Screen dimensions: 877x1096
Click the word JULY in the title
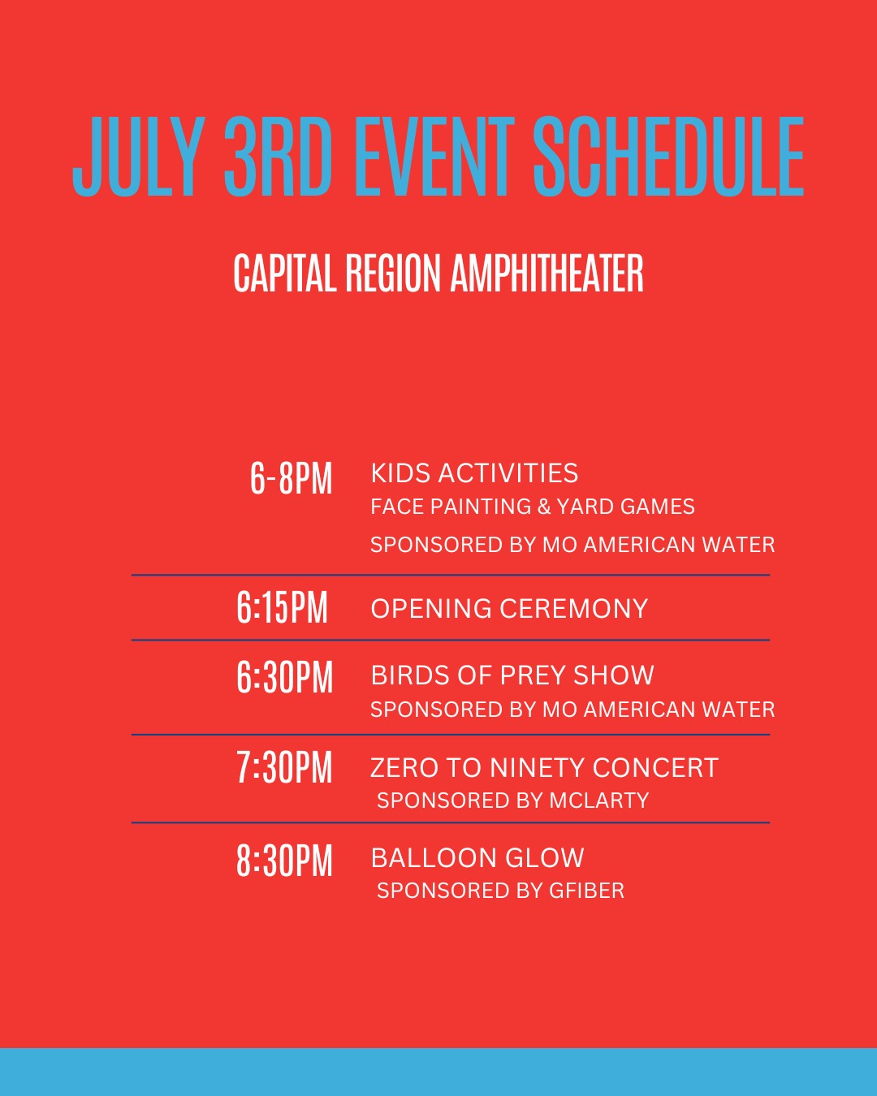coord(139,157)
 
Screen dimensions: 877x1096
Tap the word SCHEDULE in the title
coord(668,157)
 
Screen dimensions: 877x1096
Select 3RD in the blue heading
coord(279,157)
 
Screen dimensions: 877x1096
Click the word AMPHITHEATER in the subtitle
coord(547,274)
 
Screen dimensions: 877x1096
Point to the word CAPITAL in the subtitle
coord(285,274)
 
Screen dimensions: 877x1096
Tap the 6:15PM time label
coord(282,607)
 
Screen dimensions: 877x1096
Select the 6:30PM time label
coord(284,677)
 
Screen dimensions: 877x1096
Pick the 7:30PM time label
coord(284,767)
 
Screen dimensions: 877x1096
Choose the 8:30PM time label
coord(284,861)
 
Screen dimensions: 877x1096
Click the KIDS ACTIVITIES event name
coord(474,473)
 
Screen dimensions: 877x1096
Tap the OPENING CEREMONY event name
coord(509,609)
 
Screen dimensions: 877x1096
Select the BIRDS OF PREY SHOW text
coord(512,675)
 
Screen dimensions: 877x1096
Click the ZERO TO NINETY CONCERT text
coord(544,767)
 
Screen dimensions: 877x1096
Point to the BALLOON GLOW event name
coord(477,858)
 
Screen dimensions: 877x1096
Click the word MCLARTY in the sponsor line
coord(599,800)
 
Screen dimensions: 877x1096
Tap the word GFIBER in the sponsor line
coord(586,891)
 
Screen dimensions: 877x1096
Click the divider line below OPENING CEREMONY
coord(451,640)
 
